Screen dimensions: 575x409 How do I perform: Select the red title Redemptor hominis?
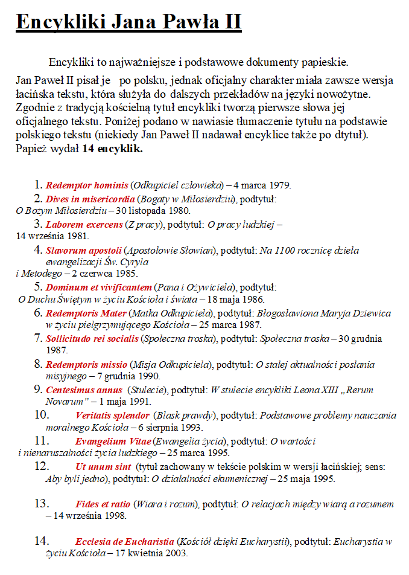(x=87, y=185)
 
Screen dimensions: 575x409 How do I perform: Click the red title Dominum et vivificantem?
(x=98, y=287)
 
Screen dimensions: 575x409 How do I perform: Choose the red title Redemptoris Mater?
(x=86, y=313)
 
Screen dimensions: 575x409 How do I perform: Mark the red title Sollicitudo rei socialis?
(x=92, y=339)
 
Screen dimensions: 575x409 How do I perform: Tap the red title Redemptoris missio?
(x=86, y=365)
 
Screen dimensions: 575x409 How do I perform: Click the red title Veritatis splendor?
(x=112, y=416)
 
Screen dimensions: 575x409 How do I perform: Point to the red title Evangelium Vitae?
(x=113, y=442)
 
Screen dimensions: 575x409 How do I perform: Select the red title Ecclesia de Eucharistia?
(x=125, y=541)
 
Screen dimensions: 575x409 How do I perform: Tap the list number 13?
(x=42, y=503)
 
